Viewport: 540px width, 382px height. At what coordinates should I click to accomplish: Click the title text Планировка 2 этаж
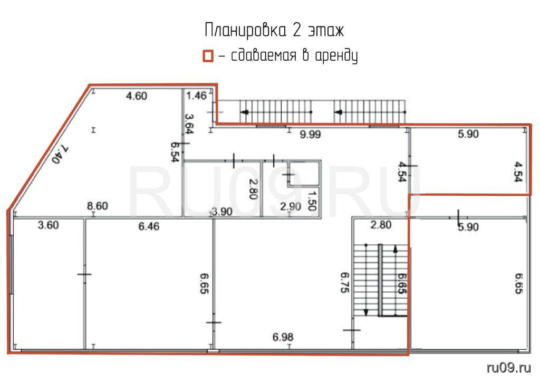[x=274, y=30]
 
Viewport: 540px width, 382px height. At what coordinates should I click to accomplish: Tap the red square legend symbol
[x=208, y=56]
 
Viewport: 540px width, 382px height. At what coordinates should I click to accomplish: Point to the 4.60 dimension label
[x=137, y=96]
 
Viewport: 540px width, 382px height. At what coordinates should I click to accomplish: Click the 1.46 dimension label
[x=196, y=95]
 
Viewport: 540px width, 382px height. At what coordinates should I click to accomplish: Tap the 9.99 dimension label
[x=310, y=135]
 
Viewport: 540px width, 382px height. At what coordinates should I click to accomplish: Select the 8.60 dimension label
[x=98, y=206]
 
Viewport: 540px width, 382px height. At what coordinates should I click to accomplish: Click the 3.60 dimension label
[x=48, y=225]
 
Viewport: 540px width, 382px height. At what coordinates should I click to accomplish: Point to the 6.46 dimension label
[x=149, y=226]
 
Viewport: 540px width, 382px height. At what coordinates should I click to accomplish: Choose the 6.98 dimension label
[x=283, y=337]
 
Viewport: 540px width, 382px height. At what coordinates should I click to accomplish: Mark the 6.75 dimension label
[x=345, y=282]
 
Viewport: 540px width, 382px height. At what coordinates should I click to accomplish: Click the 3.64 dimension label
[x=189, y=123]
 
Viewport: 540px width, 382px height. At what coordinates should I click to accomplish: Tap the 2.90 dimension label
[x=291, y=207]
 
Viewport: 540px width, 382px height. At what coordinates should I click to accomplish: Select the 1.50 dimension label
[x=312, y=201]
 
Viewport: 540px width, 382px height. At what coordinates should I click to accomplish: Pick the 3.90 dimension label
[x=222, y=212]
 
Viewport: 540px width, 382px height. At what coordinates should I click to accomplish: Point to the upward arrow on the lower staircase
[x=396, y=280]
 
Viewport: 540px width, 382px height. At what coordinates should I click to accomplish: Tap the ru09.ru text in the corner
[x=509, y=368]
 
